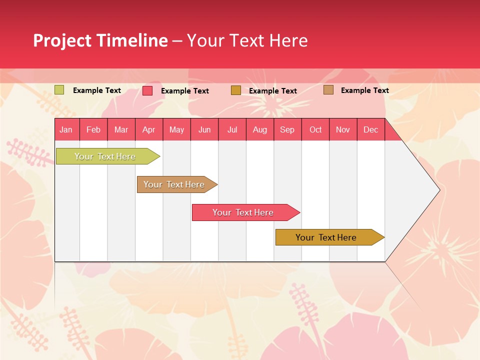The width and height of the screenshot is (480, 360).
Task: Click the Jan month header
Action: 66,129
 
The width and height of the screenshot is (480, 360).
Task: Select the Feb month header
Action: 93,129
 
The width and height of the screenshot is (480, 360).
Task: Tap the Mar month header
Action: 121,129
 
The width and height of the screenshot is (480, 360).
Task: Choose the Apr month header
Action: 149,129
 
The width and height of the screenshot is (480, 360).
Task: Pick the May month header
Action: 176,129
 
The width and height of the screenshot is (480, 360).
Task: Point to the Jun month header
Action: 204,129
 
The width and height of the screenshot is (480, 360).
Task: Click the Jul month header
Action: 232,129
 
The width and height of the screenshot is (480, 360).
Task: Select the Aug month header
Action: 260,129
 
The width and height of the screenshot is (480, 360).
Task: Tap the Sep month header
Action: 287,129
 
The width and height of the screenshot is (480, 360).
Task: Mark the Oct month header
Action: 315,129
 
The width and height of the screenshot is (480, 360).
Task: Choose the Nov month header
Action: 343,129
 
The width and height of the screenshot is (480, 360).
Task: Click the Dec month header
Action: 371,129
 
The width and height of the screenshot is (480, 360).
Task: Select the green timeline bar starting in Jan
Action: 105,156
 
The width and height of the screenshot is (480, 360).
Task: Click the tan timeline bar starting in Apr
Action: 174,184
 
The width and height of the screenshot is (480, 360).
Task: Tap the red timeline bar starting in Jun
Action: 243,212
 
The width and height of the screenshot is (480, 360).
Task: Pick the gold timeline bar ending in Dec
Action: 326,237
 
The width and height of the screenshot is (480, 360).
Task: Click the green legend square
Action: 59,90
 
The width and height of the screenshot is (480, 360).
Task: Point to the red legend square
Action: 147,90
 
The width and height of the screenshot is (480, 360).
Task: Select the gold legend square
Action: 236,90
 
